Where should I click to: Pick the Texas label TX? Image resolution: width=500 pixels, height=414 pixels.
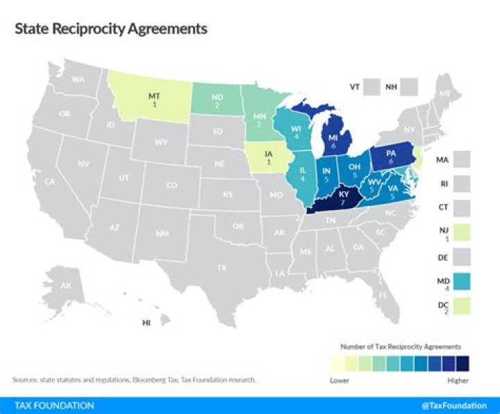(222, 267)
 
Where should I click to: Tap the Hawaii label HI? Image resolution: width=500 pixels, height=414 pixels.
(147, 323)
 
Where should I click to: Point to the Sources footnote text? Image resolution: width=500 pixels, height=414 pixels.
(134, 379)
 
